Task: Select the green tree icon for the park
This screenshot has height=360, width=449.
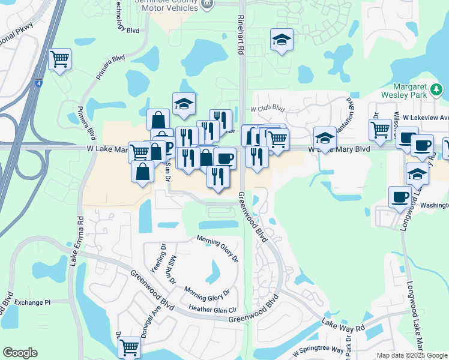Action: (x=438, y=91)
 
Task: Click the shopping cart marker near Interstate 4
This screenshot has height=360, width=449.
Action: (x=59, y=59)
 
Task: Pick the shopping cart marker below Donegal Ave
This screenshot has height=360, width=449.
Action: (x=129, y=346)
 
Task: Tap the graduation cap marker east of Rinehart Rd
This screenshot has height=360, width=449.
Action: (x=282, y=40)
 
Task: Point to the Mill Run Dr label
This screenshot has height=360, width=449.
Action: (x=172, y=269)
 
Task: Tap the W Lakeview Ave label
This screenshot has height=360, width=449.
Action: (x=426, y=118)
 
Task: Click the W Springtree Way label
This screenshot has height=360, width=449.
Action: (x=319, y=350)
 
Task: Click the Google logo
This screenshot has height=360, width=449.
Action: (x=20, y=353)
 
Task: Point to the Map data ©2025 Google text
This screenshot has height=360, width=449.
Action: (x=412, y=355)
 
